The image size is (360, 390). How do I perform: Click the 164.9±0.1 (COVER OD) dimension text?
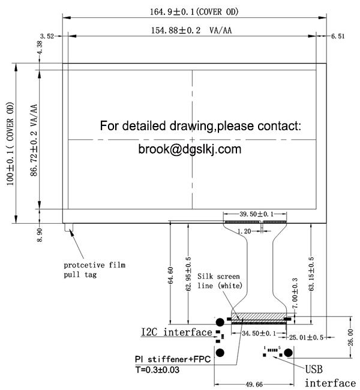[194, 11]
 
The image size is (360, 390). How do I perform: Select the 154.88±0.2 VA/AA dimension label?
[191, 31]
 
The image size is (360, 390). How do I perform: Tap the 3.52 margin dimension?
[47, 36]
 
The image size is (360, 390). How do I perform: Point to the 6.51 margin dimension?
[338, 37]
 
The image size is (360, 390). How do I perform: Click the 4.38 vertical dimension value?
[40, 47]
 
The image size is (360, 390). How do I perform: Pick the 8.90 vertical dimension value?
[40, 235]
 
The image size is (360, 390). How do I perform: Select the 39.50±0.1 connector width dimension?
[257, 214]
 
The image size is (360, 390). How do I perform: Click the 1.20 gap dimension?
[244, 232]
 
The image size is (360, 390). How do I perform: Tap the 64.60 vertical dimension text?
[170, 275]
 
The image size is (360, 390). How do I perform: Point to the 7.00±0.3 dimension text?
[295, 293]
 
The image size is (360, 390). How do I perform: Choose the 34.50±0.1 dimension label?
[259, 333]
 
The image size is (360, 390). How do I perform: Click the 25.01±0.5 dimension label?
[306, 337]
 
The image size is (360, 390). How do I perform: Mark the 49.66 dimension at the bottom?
[254, 385]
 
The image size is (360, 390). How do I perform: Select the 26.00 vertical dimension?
[350, 337]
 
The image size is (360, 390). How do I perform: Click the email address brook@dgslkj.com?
[190, 149]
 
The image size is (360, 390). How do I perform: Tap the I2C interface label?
[176, 332]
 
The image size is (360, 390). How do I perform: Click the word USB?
[314, 370]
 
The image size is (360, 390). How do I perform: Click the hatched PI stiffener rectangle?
[259, 317]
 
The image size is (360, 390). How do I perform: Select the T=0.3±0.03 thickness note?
[157, 370]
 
